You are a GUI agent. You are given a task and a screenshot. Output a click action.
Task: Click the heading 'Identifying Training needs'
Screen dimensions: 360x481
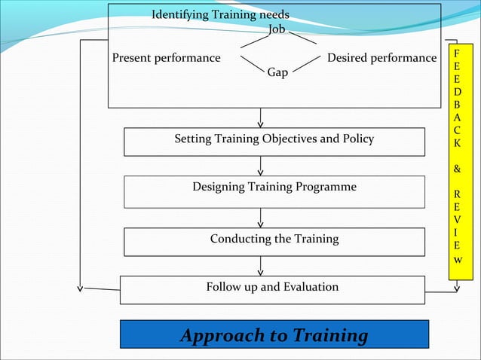point(220,15)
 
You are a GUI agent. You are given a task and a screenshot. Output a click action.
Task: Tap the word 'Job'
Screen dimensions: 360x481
point(277,29)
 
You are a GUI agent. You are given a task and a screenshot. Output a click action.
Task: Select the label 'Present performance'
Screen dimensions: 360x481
point(166,58)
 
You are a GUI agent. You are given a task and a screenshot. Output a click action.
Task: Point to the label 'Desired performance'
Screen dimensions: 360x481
point(381,58)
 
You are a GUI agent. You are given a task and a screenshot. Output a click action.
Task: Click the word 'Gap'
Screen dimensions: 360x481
point(277,73)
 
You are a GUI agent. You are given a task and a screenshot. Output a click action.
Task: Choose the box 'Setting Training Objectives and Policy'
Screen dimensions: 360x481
point(274,141)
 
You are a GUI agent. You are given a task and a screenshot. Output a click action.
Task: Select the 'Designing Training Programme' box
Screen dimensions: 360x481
point(274,191)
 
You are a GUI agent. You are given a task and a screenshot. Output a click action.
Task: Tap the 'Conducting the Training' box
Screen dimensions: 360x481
point(274,241)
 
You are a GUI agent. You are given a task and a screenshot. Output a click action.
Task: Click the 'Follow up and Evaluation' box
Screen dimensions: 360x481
point(272,289)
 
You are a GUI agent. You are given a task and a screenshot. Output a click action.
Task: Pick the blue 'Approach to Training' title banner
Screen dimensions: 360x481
point(274,334)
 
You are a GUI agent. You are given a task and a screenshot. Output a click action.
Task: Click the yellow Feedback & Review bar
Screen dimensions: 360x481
point(457,161)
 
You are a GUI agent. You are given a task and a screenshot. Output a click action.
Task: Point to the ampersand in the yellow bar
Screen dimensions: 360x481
point(457,169)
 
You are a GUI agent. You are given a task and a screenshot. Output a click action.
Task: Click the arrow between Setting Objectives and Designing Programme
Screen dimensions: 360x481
point(261,166)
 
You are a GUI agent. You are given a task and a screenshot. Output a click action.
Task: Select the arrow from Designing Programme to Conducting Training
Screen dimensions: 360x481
point(261,218)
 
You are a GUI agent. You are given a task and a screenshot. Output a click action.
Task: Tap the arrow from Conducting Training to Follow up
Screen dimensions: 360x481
point(261,265)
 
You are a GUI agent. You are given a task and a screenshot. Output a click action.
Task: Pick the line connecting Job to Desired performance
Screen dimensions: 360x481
point(303,38)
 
